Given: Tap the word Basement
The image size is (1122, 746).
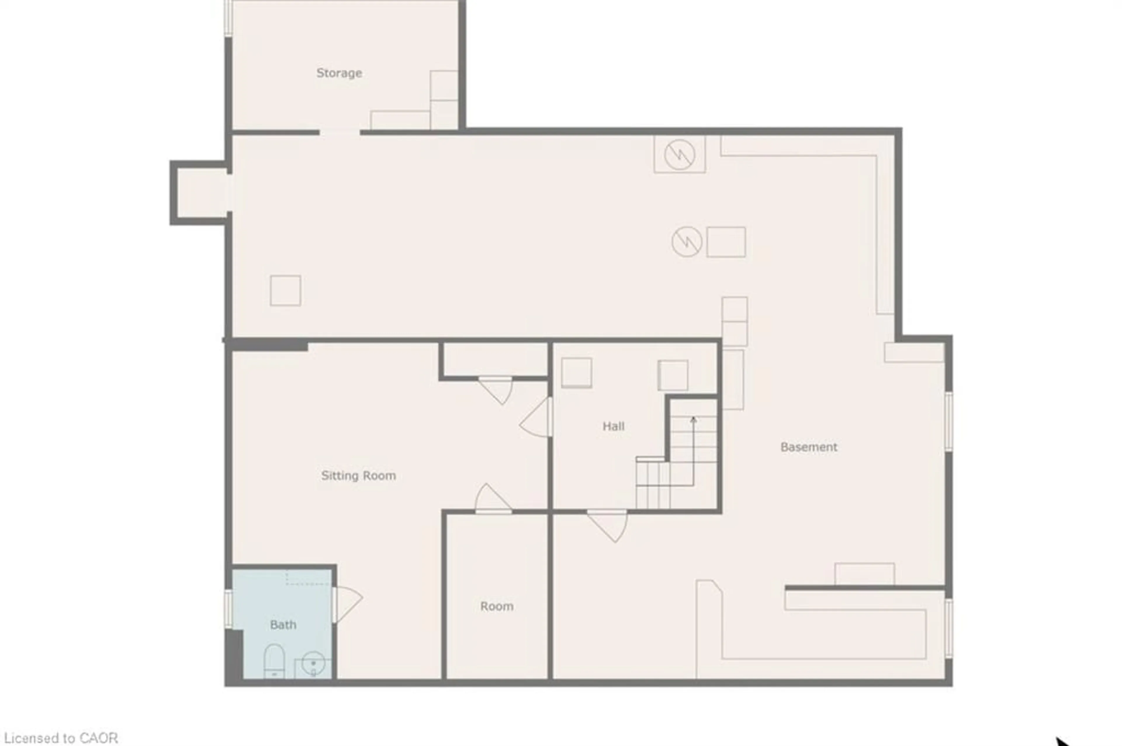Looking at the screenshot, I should coord(808,447).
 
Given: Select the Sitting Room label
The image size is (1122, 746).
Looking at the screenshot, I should coord(358,475).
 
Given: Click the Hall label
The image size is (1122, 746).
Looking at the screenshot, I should coord(613,426).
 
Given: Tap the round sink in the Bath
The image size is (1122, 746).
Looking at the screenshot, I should coord(313,662).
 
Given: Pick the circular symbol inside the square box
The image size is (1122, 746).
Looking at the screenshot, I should coord(679,154).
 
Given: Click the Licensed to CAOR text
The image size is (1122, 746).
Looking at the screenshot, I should coord(60,738).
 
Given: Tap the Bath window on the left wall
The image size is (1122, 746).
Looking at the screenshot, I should coord(228,608).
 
